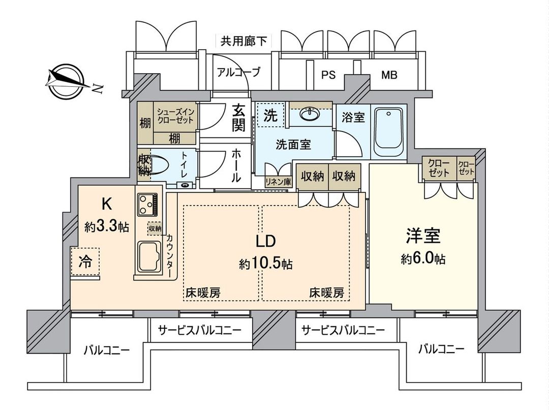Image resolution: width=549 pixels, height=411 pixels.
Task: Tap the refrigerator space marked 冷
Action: pyautogui.click(x=85, y=262)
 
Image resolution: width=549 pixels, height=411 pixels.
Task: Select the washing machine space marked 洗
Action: pyautogui.click(x=270, y=115)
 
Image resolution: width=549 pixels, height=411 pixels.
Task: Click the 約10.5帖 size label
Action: pyautogui.click(x=266, y=263)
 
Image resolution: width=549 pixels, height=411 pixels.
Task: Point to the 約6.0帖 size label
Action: pyautogui.click(x=423, y=259)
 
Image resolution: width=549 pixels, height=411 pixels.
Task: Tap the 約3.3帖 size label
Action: pyautogui.click(x=106, y=227)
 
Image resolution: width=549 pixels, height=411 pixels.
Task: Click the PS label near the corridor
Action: pyautogui.click(x=328, y=75)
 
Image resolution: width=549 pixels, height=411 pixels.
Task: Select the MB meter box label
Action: pyautogui.click(x=389, y=75)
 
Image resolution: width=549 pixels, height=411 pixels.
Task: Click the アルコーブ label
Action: pyautogui.click(x=238, y=72)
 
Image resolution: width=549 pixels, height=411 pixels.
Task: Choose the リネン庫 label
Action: pyautogui.click(x=278, y=181)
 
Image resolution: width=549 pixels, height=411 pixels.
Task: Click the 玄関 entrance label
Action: pyautogui.click(x=239, y=117)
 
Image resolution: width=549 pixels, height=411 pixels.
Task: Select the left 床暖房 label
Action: pyautogui.click(x=203, y=293)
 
